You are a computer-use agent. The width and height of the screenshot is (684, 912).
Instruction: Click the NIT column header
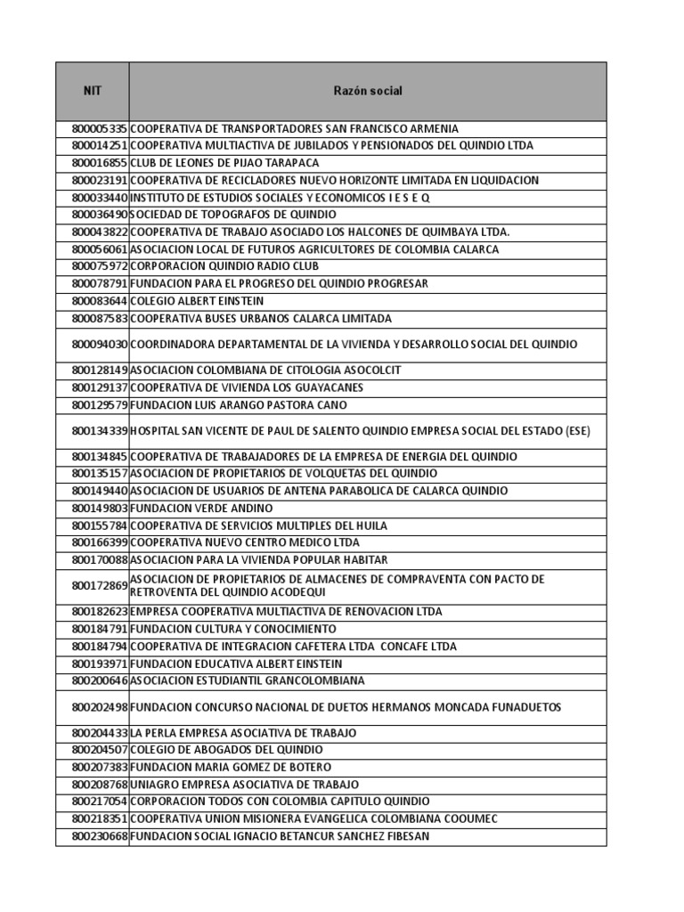[93, 91]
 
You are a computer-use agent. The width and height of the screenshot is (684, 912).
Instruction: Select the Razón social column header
[368, 91]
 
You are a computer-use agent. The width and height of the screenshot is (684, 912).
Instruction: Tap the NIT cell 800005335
[100, 129]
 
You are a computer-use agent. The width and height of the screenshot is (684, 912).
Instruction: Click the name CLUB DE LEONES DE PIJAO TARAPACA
[224, 163]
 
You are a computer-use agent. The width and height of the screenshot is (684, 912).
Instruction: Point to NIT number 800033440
[100, 198]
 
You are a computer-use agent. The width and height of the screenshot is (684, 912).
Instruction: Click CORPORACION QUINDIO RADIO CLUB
[224, 266]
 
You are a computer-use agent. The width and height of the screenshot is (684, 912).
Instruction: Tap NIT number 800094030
[100, 344]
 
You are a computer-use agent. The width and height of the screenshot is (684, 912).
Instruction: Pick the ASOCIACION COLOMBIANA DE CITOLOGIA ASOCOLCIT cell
[265, 370]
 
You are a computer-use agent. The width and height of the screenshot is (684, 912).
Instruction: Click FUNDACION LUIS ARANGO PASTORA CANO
[239, 405]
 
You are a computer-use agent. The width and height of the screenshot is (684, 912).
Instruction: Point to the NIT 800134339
[100, 431]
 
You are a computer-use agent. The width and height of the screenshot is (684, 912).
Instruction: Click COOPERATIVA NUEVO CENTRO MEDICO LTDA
[245, 542]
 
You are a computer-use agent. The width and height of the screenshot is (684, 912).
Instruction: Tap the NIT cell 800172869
[100, 586]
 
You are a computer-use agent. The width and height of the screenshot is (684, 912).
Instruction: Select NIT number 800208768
[100, 785]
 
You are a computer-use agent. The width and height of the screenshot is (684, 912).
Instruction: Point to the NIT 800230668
[100, 836]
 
